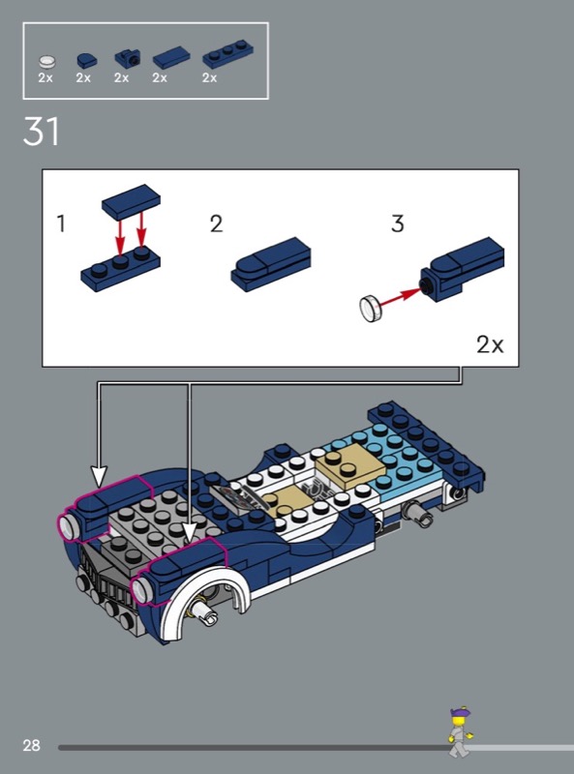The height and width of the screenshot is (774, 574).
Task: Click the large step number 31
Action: pos(41,131)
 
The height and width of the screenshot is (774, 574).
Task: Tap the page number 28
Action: pos(31,745)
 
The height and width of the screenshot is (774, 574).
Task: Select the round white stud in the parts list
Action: pos(46,62)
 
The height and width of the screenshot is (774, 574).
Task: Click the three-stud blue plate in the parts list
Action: pos(228,54)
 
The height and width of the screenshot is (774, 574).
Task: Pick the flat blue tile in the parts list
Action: pos(171,58)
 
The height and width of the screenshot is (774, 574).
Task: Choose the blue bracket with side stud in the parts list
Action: pos(127,59)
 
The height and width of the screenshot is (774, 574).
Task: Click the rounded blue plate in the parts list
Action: pos(86,60)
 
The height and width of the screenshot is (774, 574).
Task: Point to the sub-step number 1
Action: pos(61,223)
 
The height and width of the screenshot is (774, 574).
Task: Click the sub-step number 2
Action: pos(217,223)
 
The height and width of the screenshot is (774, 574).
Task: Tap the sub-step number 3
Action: pos(398,223)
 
